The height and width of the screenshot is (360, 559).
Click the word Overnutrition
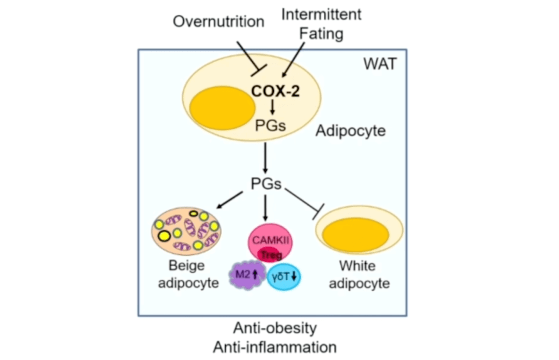coord(218,22)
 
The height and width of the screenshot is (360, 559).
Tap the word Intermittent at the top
coord(321,14)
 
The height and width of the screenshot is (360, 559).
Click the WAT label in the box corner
coord(379,65)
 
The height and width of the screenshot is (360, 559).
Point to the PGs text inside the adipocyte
coord(270,124)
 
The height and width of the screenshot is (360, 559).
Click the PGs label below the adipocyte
coord(266,184)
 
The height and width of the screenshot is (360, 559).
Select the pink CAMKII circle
coord(271,240)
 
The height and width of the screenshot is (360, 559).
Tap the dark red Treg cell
coord(269,254)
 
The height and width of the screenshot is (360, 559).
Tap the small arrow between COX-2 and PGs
coord(272,107)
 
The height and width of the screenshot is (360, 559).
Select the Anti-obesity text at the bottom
coord(274,328)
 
